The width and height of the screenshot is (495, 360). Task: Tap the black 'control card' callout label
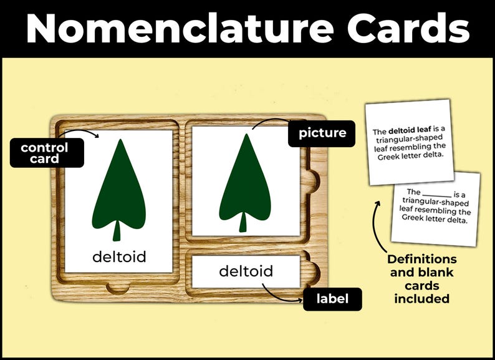click(x=44, y=153)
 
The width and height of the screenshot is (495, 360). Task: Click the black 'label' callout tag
click(x=331, y=299)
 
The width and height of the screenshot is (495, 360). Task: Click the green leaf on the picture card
click(x=246, y=178)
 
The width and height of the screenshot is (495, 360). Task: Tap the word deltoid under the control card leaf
click(x=119, y=256)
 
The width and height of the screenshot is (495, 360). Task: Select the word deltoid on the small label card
click(x=246, y=271)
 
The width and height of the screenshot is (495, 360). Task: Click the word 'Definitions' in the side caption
click(x=421, y=259)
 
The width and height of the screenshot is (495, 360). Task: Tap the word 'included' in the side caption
click(x=421, y=299)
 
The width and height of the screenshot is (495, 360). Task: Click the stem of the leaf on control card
click(x=117, y=231)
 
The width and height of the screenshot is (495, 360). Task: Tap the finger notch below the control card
click(x=118, y=288)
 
